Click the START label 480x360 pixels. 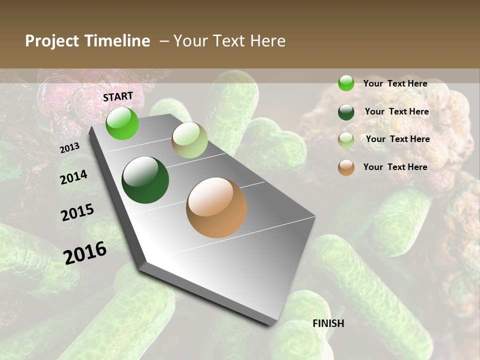click(x=118, y=96)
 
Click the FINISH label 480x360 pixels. click(x=328, y=323)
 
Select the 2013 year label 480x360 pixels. click(x=70, y=148)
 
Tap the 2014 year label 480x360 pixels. click(x=73, y=177)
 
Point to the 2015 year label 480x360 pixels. click(x=77, y=212)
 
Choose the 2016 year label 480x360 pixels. click(x=85, y=253)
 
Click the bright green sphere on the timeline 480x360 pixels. click(x=122, y=123)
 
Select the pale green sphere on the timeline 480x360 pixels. click(x=189, y=140)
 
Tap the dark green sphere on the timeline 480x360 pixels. click(x=145, y=180)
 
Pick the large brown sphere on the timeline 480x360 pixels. click(x=216, y=207)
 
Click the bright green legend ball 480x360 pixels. click(x=346, y=83)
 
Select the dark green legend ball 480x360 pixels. click(x=346, y=112)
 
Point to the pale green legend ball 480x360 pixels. click(x=346, y=140)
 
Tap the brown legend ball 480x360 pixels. click(x=346, y=167)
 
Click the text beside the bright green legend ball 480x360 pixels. click(x=395, y=83)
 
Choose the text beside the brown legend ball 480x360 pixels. click(x=395, y=167)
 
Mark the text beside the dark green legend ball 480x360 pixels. click(x=396, y=111)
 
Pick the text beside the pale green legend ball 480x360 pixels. click(x=397, y=139)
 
